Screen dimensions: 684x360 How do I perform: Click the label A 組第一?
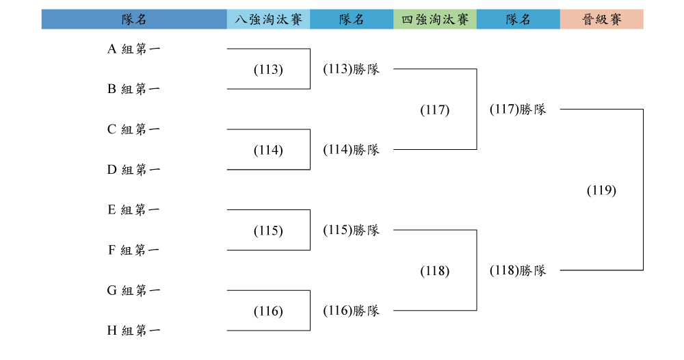coord(134,49)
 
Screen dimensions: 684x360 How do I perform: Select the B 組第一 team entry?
coord(134,89)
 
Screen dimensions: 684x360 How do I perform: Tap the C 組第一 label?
coord(134,129)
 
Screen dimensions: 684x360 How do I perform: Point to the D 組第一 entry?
coord(134,170)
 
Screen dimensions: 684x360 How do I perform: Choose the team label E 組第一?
coord(134,210)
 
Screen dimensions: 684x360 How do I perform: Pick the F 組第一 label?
coord(134,250)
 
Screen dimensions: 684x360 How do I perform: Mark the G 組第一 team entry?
coord(134,291)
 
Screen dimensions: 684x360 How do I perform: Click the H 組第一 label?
coord(134,331)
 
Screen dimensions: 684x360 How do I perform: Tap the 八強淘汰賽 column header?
coord(268,19)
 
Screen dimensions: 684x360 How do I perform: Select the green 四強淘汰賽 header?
coord(435,19)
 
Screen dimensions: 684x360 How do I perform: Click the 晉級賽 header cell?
coord(601,19)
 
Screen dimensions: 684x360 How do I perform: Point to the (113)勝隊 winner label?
coord(351,69)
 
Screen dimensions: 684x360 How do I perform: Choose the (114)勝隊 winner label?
coord(351,150)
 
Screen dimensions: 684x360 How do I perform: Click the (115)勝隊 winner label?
coord(351,230)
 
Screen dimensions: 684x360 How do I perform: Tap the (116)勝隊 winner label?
coord(351,311)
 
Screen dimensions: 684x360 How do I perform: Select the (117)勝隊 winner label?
coord(518,109)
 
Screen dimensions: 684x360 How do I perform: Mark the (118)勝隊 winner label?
coord(518,270)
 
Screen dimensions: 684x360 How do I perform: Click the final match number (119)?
coord(601,190)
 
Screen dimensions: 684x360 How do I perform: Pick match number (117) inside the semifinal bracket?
coord(435,110)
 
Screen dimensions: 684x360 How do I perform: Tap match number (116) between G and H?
coord(268,311)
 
